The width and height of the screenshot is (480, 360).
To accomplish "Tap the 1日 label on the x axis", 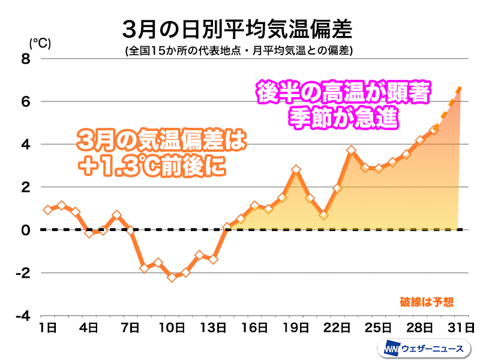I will coord(47,328).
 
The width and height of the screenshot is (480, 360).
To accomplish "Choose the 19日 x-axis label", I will coord(296,328).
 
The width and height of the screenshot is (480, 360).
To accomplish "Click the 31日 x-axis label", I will coord(461,328).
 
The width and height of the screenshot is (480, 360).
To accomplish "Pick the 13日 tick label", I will coord(213,328).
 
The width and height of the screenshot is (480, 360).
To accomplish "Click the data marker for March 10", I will coord(172,277).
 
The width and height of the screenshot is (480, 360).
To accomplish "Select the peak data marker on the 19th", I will coord(296,170).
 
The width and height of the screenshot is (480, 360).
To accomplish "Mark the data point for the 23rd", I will coord(351,150).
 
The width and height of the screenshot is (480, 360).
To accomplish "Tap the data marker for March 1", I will coord(47,210).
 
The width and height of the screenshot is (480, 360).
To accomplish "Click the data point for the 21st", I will coord(323,215).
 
